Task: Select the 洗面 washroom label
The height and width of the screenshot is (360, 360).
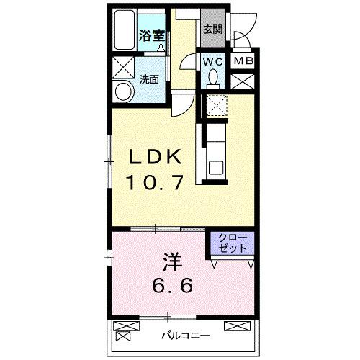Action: pos(150,80)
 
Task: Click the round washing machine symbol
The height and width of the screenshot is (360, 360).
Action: pos(123,91)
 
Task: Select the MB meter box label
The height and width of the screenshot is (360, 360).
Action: pos(243,62)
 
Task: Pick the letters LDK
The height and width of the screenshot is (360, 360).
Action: pos(160,157)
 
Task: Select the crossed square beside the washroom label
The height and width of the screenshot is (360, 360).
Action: pos(122,68)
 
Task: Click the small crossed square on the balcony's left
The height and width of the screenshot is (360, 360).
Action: pos(123,335)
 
